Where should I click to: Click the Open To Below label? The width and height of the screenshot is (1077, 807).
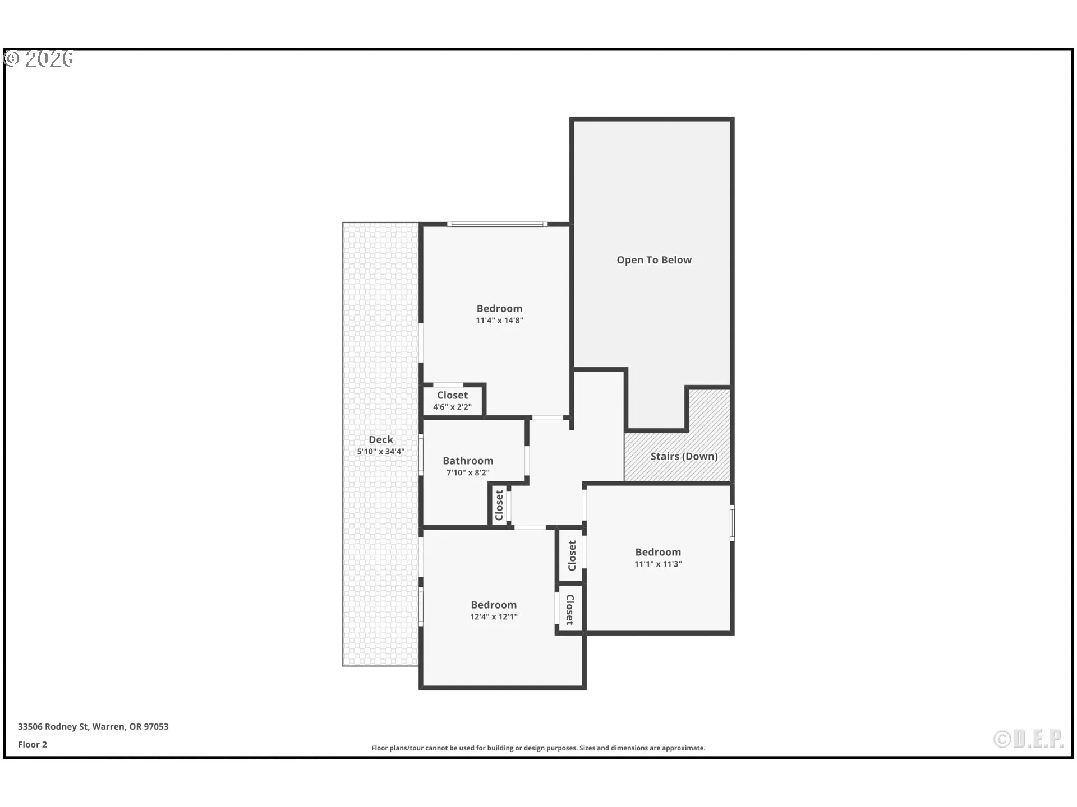654,260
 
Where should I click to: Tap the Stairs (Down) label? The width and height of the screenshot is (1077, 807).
684,456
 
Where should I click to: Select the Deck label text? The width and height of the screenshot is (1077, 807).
381,440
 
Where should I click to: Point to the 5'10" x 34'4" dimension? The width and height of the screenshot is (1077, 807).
381,452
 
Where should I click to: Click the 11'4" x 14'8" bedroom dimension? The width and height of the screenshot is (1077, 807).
499,321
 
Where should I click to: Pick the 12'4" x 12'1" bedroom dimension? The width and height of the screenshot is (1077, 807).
494,617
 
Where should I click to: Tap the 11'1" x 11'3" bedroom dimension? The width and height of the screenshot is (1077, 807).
658,564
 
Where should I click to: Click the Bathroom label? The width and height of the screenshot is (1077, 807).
468,461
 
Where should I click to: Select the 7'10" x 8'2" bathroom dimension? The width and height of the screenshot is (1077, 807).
468,473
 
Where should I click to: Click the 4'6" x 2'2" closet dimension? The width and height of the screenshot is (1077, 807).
452,407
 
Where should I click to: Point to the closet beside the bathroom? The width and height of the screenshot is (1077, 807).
499,505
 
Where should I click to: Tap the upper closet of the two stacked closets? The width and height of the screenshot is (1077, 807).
572,555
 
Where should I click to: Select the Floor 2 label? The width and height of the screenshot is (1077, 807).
33,745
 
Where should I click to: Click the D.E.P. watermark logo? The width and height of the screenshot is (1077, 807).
1028,740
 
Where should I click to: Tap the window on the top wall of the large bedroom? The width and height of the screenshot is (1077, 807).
497,225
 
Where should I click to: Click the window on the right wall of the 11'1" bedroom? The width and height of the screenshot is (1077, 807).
732,523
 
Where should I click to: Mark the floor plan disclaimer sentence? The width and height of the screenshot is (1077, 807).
538,748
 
